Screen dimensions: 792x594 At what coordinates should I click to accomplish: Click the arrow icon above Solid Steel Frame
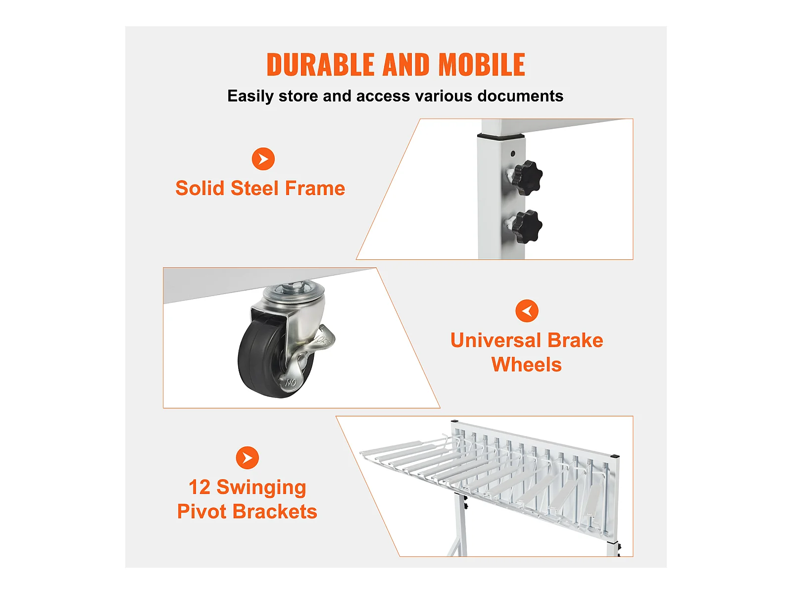(263, 159)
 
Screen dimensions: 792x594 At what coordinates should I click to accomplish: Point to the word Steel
(254, 189)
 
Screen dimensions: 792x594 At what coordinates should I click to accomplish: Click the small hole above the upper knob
(512, 153)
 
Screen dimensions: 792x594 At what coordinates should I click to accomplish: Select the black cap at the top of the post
(500, 135)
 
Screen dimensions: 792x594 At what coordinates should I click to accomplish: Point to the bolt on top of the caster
(295, 287)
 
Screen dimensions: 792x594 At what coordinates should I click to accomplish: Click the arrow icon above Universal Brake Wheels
(527, 311)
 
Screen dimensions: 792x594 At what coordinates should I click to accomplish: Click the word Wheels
(526, 365)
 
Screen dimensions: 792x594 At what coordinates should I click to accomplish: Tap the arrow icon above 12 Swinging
(247, 457)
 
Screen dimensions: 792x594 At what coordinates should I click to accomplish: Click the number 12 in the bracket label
(199, 488)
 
